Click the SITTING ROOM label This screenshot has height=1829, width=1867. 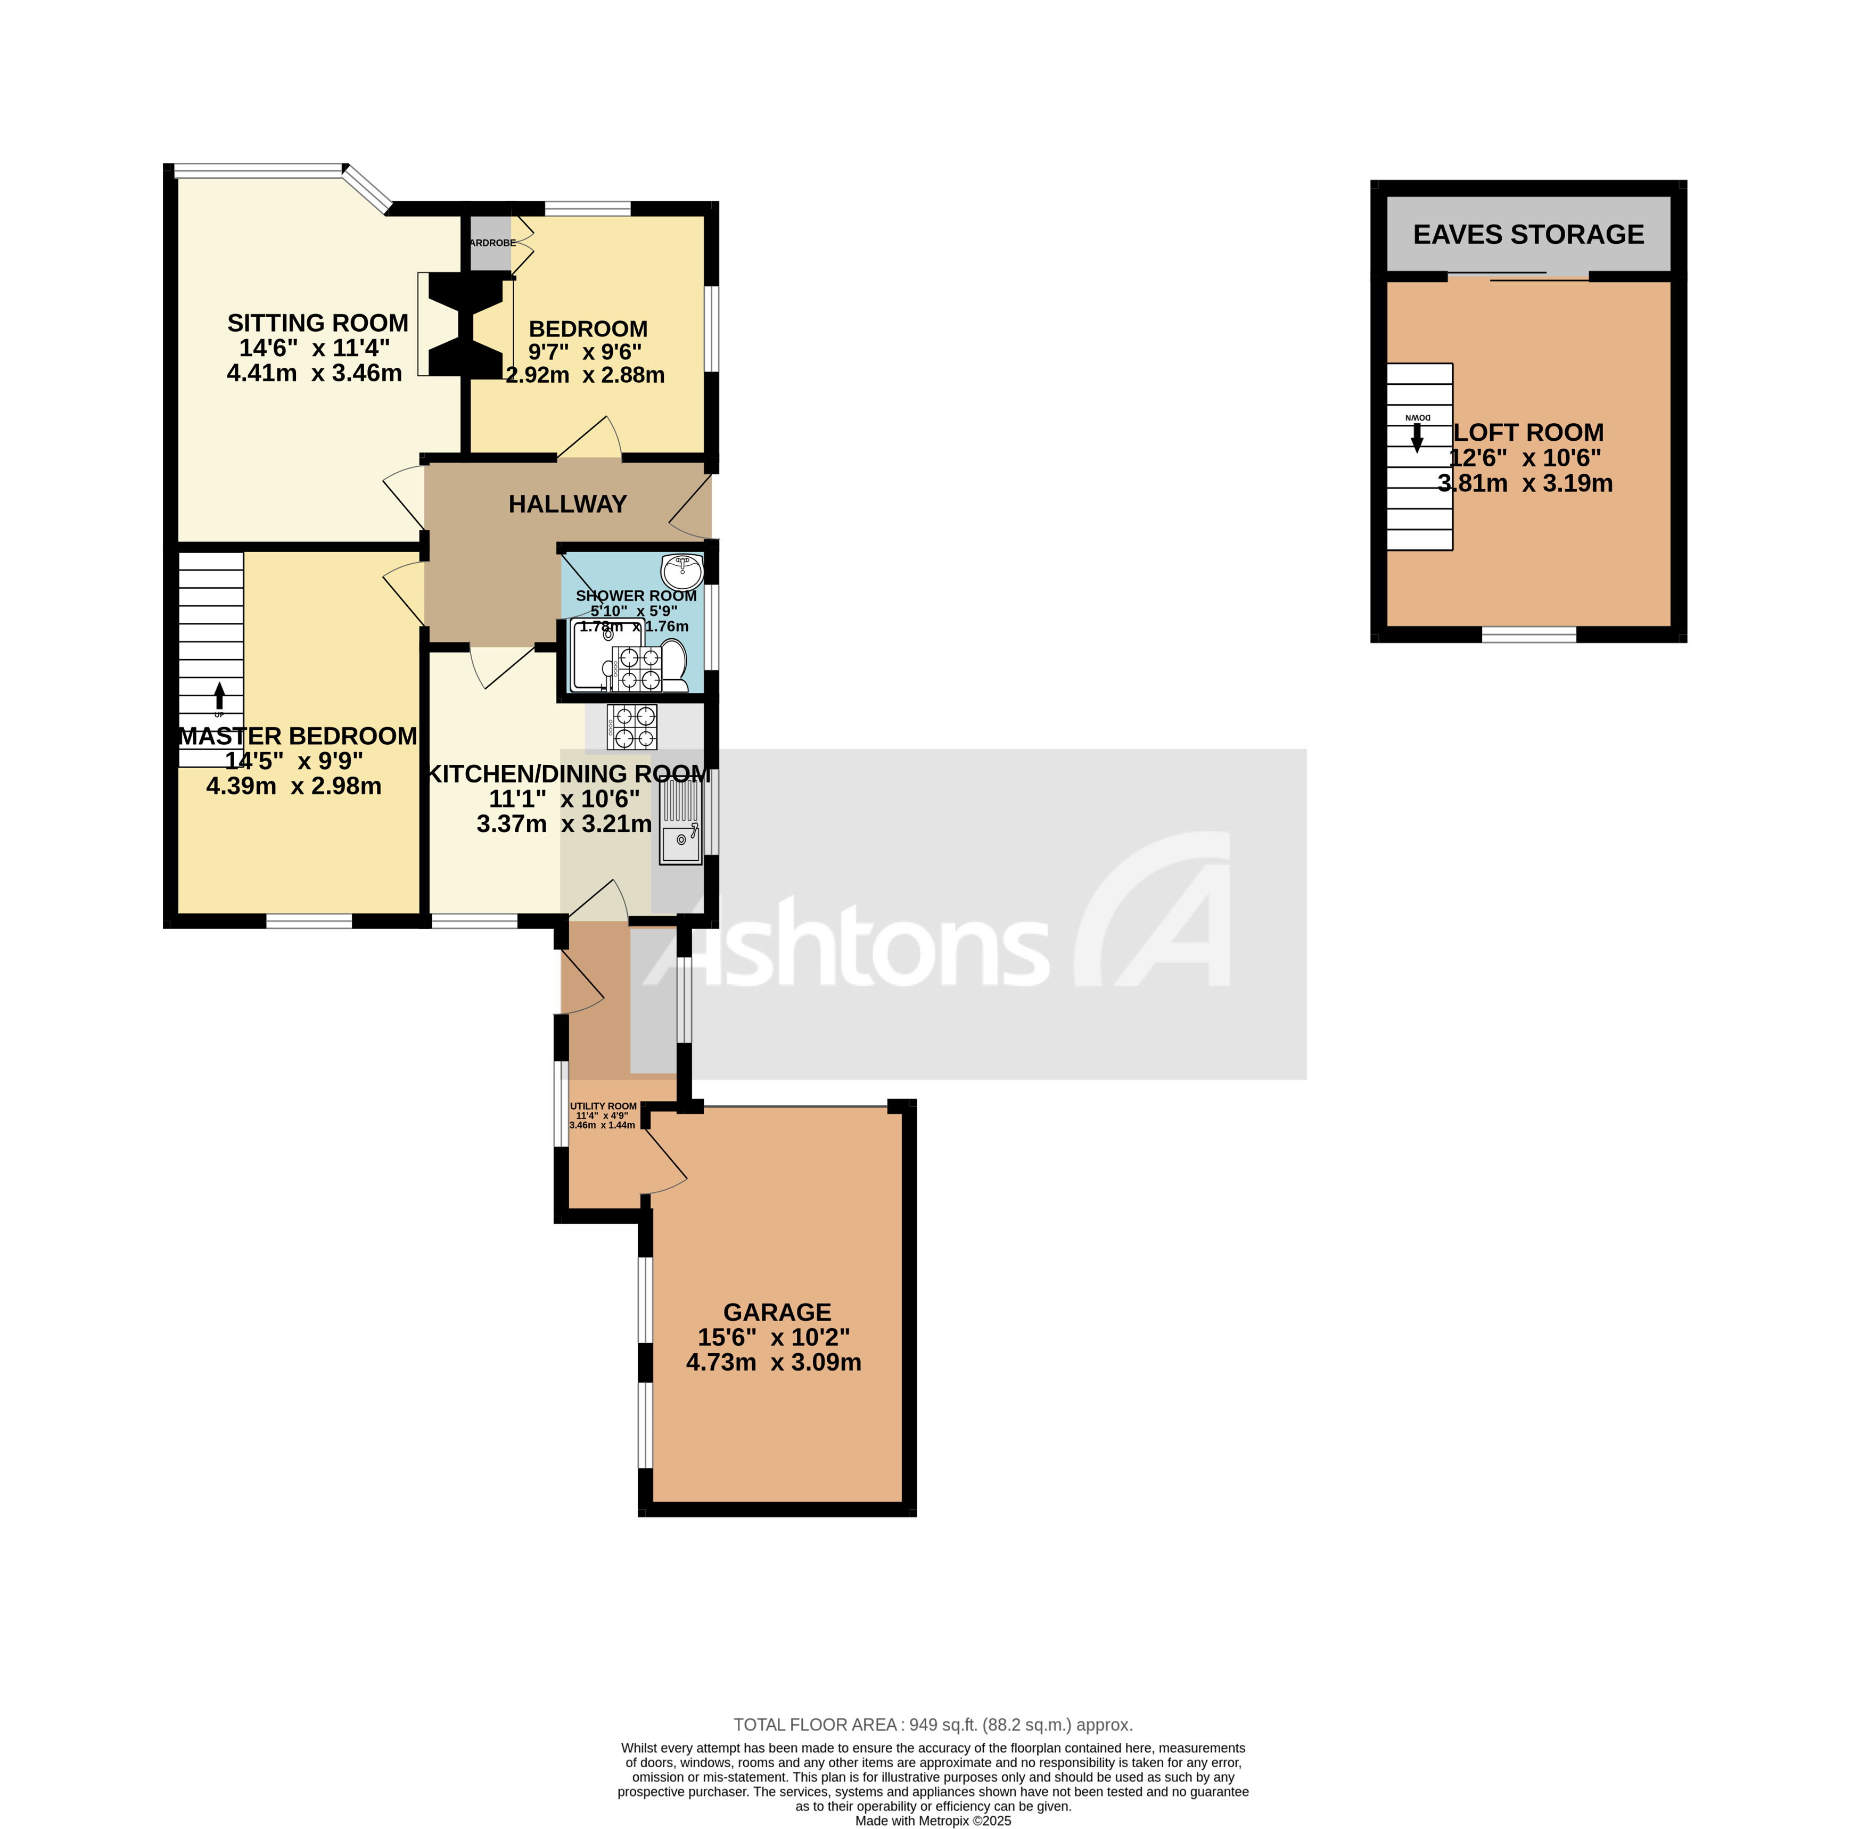317,323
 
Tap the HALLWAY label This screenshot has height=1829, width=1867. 567,504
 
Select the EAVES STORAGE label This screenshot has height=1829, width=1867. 1528,234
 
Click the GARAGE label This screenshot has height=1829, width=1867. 776,1312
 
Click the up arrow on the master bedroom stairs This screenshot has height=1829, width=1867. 220,695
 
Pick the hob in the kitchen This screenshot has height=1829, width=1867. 632,727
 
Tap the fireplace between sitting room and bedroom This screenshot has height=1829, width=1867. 465,325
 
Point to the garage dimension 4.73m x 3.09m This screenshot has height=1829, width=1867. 774,1362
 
